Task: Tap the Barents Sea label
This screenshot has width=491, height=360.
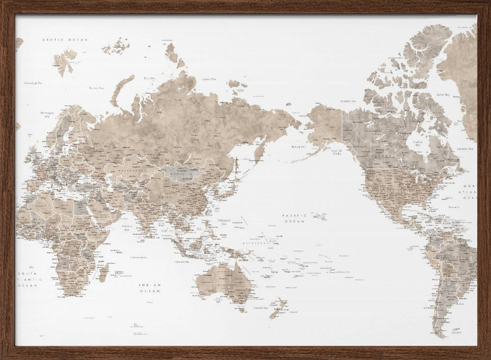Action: click(96, 88)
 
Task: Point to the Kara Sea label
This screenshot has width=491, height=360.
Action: click(149, 78)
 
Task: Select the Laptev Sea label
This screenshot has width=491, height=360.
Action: click(209, 79)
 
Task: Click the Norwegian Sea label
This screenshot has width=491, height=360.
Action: click(47, 114)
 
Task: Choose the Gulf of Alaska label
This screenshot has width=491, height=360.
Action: click(337, 153)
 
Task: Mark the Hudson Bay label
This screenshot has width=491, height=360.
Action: click(418, 143)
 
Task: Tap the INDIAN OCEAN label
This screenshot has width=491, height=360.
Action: click(150, 287)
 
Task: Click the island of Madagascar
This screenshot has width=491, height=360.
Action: click(104, 272)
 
